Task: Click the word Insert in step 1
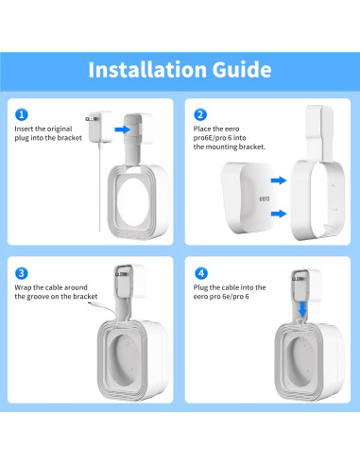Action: [26, 128]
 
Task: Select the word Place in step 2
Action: [203, 128]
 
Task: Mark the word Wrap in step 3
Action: [25, 286]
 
